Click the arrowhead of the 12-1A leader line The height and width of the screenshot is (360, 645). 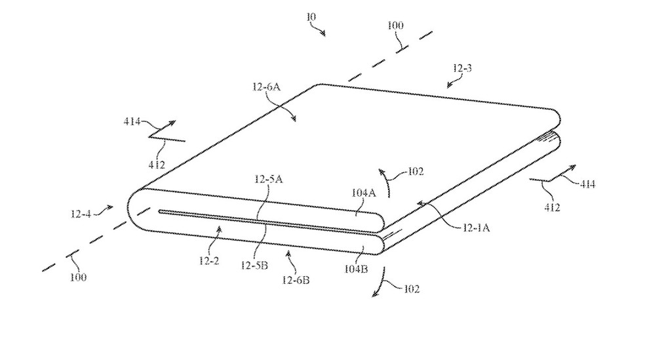click(418, 205)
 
